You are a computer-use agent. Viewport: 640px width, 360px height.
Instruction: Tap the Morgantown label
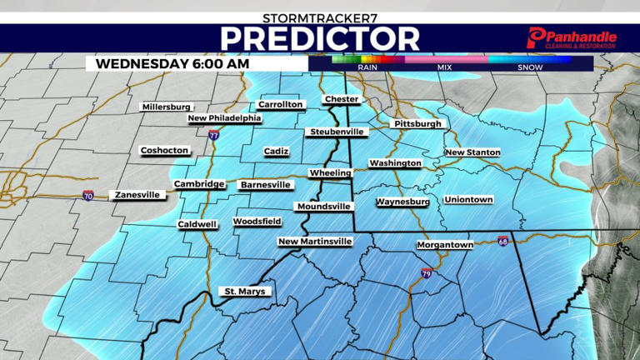pyautogui.click(x=445, y=244)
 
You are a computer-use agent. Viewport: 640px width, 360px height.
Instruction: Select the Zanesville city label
pyautogui.click(x=136, y=194)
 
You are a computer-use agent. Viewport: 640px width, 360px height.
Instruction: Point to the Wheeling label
pyautogui.click(x=330, y=172)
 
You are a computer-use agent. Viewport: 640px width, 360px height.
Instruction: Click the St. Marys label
pyautogui.click(x=247, y=291)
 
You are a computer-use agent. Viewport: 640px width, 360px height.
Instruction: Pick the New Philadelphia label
pyautogui.click(x=224, y=118)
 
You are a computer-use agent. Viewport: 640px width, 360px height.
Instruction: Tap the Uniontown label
pyautogui.click(x=468, y=200)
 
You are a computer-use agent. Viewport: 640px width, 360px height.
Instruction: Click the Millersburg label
pyautogui.click(x=166, y=107)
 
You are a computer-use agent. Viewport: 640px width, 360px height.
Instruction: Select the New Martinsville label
pyautogui.click(x=315, y=241)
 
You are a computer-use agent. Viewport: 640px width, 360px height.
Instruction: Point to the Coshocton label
pyautogui.click(x=164, y=151)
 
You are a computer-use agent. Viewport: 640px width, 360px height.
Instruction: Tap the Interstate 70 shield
pyautogui.click(x=88, y=197)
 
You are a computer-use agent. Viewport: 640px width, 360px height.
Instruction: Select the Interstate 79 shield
pyautogui.click(x=426, y=272)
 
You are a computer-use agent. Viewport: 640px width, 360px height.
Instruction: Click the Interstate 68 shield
pyautogui.click(x=502, y=241)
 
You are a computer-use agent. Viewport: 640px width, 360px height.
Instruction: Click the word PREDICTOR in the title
pyautogui.click(x=320, y=38)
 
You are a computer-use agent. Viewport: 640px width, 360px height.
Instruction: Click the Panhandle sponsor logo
pyautogui.click(x=572, y=38)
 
